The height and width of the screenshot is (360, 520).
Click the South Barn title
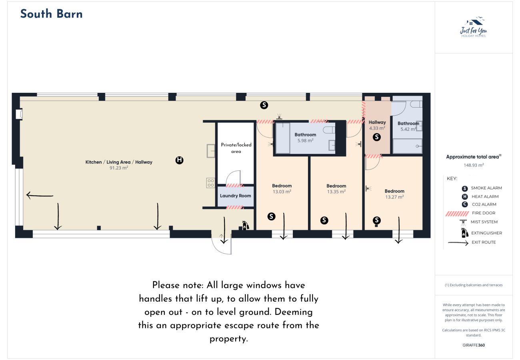coord(51,14)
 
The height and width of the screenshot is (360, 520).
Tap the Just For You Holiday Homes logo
coord(474,28)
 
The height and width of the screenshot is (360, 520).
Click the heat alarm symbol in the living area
coord(180,160)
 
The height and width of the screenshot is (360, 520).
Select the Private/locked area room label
coord(236,148)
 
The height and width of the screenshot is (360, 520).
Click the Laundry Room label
coord(236,196)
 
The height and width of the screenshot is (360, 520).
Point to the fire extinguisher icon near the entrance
coord(245,225)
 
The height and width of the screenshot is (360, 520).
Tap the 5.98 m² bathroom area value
coord(305,140)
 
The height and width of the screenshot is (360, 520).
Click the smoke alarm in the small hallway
coord(376,137)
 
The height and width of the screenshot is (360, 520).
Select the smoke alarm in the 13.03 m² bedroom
coord(271,216)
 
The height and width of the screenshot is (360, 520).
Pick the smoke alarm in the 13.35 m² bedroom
coord(324,220)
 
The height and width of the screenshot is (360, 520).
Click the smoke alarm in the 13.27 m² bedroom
coord(377,220)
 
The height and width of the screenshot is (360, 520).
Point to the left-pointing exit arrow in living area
coord(40,195)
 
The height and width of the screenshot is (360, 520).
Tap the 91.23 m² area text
coord(119,168)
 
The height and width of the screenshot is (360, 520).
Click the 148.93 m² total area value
coord(474,165)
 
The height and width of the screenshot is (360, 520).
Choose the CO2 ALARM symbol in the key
coord(464,204)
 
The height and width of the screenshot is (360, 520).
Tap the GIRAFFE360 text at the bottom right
coord(474,345)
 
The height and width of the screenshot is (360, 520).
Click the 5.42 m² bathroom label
coord(408,129)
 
